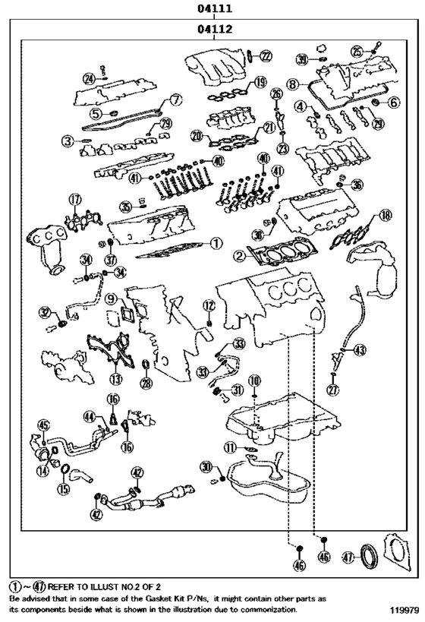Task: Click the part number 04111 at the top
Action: (213, 9)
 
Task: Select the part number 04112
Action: (213, 30)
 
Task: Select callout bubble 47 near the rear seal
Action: (348, 556)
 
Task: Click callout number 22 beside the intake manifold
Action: (264, 55)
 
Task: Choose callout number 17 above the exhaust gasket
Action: (74, 200)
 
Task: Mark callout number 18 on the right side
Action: (386, 216)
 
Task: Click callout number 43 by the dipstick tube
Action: (360, 349)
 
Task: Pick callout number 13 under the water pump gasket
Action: (115, 378)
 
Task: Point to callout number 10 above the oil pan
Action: (254, 379)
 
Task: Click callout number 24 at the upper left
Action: (89, 78)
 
